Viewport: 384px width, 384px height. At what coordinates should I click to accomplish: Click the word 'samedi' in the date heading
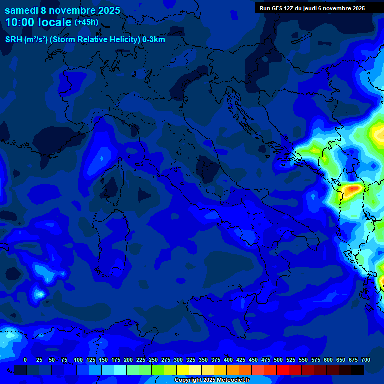click(x=21, y=10)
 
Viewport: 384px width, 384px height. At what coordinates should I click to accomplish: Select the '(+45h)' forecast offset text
click(x=86, y=22)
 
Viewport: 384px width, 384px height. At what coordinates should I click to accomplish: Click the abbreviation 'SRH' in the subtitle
click(x=14, y=40)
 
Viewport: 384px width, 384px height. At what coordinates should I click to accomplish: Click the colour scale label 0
click(x=25, y=360)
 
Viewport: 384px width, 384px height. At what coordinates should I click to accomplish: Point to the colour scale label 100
click(x=78, y=360)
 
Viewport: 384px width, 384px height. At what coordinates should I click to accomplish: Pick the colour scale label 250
click(x=153, y=360)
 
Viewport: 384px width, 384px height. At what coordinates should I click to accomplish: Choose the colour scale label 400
click(x=228, y=360)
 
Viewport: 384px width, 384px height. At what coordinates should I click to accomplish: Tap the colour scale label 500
click(x=278, y=360)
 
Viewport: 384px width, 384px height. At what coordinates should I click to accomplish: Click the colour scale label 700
click(x=365, y=360)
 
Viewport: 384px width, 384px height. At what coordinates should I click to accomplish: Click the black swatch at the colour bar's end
click(x=358, y=370)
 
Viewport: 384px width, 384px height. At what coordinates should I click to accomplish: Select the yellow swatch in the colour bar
click(x=183, y=370)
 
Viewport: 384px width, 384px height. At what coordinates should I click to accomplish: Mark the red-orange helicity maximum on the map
click(x=354, y=188)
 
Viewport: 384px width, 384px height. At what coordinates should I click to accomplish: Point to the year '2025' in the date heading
click(x=105, y=10)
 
